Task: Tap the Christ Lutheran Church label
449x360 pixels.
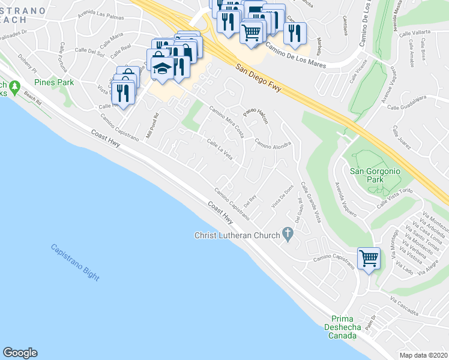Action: tap(237, 235)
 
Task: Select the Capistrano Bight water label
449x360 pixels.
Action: tap(75, 262)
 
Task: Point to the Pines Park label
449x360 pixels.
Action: tap(54, 82)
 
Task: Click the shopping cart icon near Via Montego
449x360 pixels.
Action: tap(368, 259)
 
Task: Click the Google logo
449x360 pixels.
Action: tap(20, 353)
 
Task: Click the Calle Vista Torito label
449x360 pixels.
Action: tap(394, 200)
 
